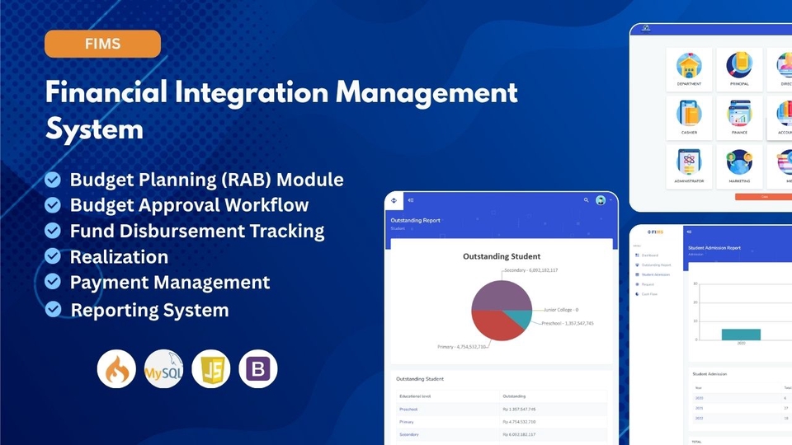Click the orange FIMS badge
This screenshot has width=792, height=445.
tap(102, 44)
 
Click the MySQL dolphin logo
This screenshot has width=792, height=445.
tap(163, 368)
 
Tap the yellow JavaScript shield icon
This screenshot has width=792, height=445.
tap(210, 368)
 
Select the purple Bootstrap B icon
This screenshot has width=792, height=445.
tap(258, 368)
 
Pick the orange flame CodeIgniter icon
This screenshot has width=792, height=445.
tap(116, 368)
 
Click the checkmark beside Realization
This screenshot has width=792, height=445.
tap(53, 256)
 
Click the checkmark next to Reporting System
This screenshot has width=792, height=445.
tap(53, 308)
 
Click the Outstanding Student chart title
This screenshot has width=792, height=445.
tap(501, 256)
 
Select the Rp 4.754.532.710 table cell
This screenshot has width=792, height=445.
tap(520, 421)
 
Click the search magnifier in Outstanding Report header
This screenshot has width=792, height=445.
tap(587, 200)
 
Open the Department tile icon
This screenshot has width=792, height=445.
tap(689, 66)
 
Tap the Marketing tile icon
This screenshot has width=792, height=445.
tap(738, 162)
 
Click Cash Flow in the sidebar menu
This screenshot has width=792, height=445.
tap(650, 294)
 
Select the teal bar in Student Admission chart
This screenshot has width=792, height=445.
tap(740, 334)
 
